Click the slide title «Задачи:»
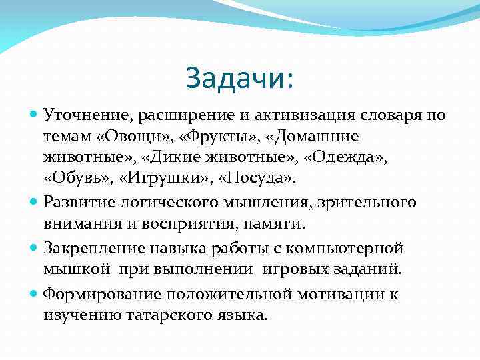coord(239,78)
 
